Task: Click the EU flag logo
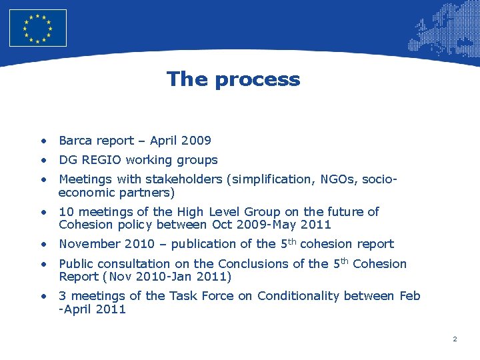38,28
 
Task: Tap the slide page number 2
455,339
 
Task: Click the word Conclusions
255,264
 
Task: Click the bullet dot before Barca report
43,141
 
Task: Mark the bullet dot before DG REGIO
43,160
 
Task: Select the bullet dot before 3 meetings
43,296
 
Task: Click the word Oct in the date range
223,225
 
